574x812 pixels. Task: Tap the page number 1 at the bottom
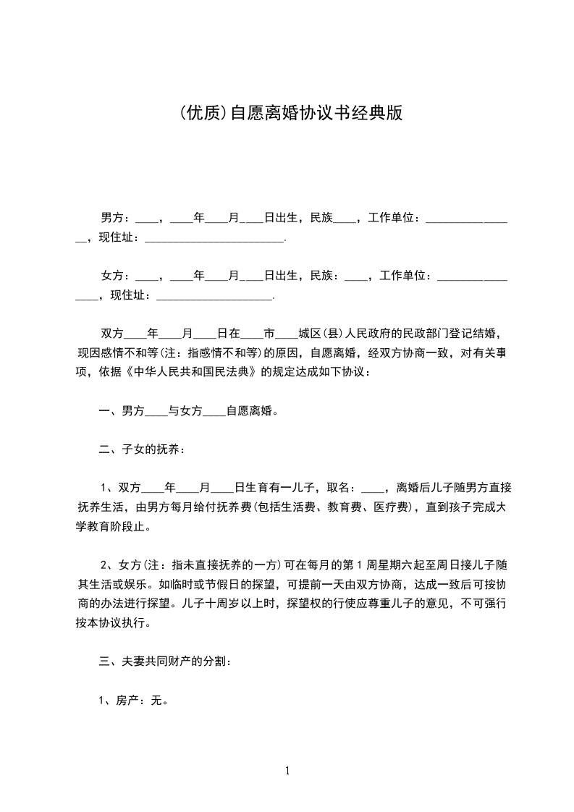coord(287,771)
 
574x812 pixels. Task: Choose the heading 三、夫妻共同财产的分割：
coord(164,661)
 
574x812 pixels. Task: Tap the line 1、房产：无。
coord(133,700)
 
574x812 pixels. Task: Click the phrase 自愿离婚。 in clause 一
coord(253,411)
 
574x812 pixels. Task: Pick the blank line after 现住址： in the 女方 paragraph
coord(214,295)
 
